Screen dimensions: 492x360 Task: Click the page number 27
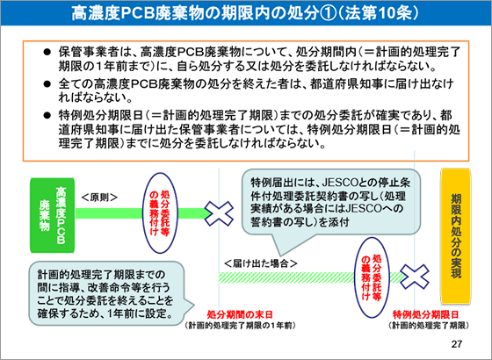(457, 344)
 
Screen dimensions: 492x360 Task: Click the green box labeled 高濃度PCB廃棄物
(53, 215)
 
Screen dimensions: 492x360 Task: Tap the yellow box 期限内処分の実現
(456, 236)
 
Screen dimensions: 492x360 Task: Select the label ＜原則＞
(99, 198)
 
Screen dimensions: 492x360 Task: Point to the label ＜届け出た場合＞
(261, 263)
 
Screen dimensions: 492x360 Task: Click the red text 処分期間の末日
(240, 314)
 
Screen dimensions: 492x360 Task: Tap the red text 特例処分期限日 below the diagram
(426, 314)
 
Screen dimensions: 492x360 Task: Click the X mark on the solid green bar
(219, 213)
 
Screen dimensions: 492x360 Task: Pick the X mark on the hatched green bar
(415, 277)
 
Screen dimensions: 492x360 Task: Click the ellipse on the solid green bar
(160, 213)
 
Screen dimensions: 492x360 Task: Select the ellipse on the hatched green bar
(372, 277)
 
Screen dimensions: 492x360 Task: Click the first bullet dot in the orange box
(47, 52)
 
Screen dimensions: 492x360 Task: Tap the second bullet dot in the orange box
(47, 84)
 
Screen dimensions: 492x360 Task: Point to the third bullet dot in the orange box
(47, 116)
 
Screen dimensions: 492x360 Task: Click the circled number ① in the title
(327, 13)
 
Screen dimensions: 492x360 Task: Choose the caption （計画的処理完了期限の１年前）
(240, 326)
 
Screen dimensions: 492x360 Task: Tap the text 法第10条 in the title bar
(381, 13)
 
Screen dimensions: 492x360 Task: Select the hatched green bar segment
(311, 277)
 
